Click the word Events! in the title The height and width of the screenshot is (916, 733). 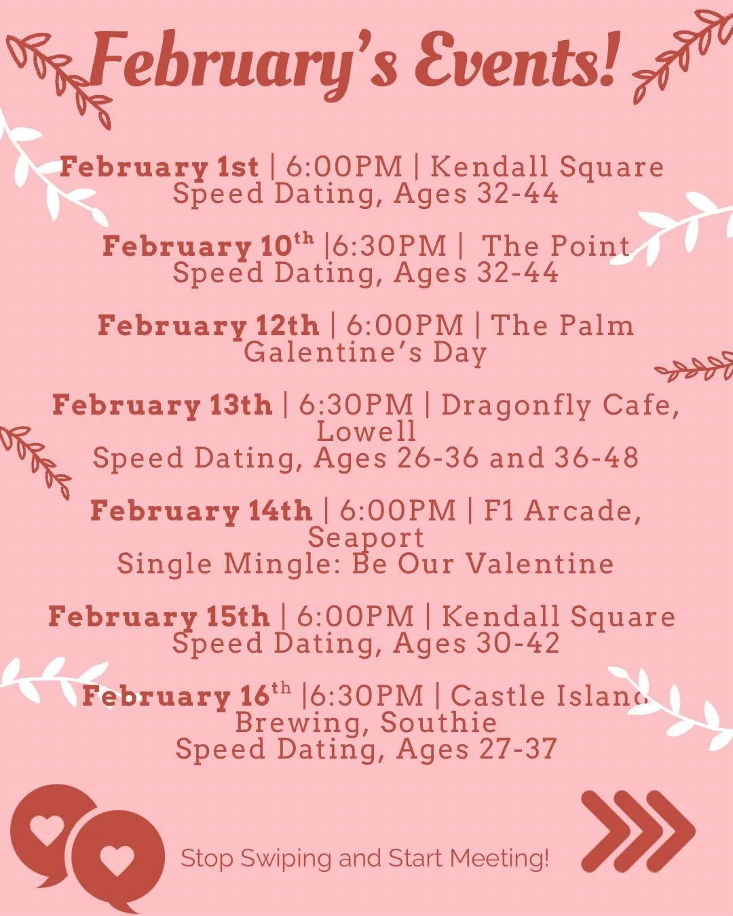517,61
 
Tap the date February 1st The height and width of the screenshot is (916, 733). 159,167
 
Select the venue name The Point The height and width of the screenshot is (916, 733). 556,246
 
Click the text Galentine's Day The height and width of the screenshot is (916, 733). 366,352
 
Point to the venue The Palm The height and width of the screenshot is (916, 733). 562,325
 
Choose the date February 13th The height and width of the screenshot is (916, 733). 162,405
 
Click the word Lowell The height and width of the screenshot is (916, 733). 366,432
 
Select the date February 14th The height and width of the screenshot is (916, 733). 202,511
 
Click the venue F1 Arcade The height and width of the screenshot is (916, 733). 561,511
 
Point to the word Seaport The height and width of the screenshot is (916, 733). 366,537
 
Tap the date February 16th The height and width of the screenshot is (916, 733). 187,696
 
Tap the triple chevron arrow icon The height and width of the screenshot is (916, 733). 638,831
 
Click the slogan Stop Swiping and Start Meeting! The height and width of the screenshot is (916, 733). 365,858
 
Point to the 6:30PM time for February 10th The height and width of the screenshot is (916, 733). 389,246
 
